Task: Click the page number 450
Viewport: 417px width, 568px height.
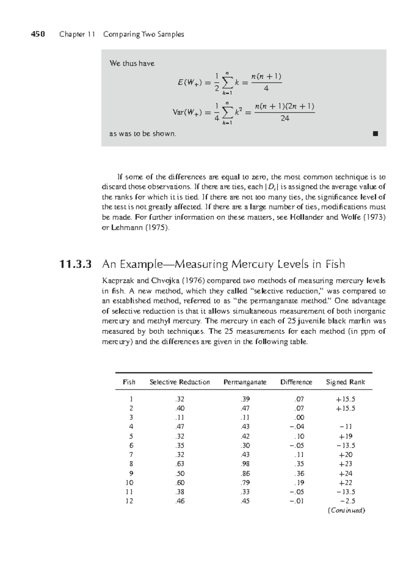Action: pyautogui.click(x=38, y=34)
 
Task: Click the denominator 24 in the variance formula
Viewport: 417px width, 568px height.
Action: pyautogui.click(x=285, y=118)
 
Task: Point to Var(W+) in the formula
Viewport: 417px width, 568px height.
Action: pyautogui.click(x=187, y=112)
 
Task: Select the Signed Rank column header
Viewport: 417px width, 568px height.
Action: pyautogui.click(x=345, y=382)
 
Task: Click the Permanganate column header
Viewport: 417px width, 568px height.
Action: pyautogui.click(x=245, y=382)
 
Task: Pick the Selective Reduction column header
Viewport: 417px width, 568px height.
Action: pyautogui.click(x=180, y=382)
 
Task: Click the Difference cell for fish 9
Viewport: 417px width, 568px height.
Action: pyautogui.click(x=299, y=473)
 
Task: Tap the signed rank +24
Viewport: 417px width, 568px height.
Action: pyautogui.click(x=345, y=473)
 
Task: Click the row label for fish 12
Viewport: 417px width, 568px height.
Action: pyautogui.click(x=129, y=501)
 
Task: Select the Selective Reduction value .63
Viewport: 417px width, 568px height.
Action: pyautogui.click(x=180, y=464)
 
